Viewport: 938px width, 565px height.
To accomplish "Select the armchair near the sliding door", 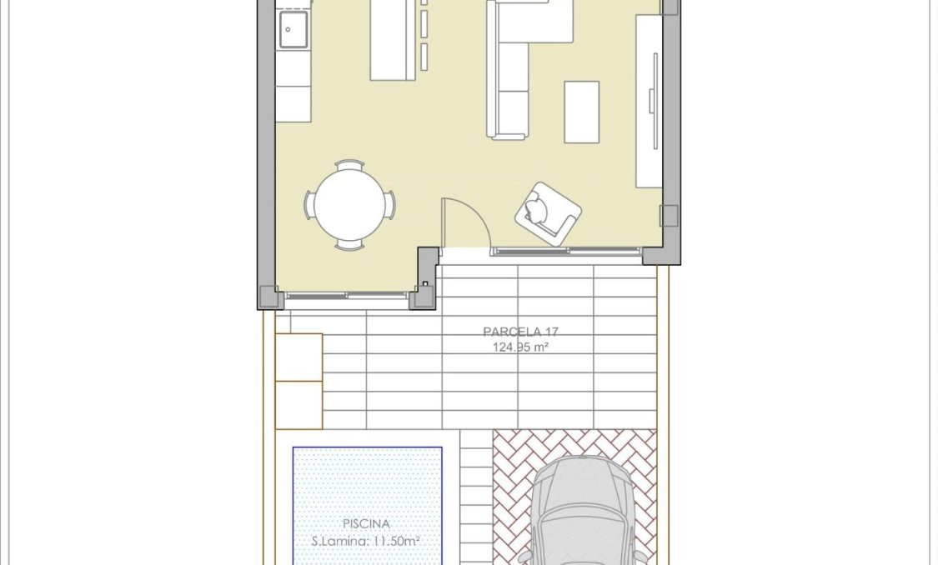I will click(547, 213).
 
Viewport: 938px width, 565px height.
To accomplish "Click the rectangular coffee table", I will click(581, 112).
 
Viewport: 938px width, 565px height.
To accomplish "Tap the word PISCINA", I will click(367, 524).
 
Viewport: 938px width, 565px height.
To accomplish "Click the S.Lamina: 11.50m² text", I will click(367, 541).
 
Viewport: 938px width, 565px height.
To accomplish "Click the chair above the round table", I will click(349, 165).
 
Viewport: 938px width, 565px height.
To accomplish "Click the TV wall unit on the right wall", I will click(649, 100).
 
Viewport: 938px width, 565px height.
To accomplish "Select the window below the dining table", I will click(346, 294).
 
